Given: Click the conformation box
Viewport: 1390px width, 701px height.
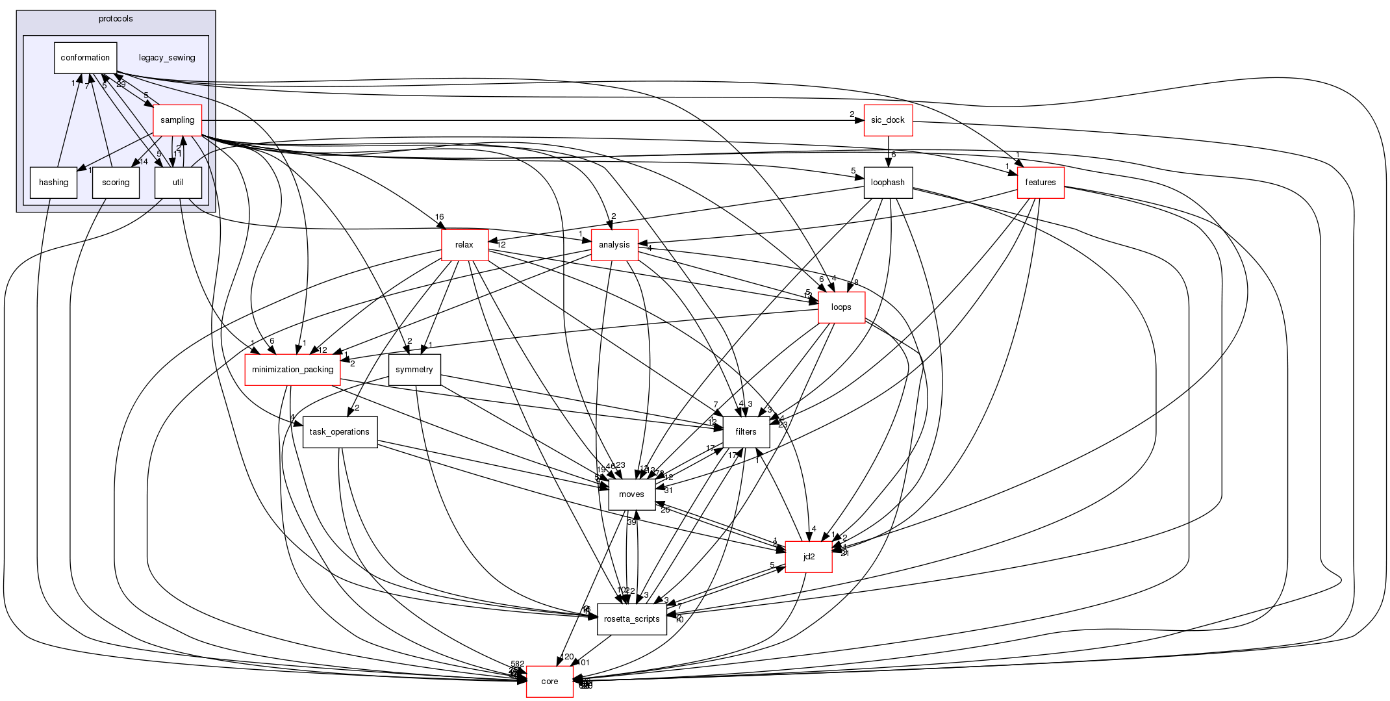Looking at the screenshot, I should (x=85, y=58).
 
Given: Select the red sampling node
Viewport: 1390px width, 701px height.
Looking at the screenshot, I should (x=177, y=120).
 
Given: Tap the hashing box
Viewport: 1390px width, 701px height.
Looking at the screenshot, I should (x=54, y=183).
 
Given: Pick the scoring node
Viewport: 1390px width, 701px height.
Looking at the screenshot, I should (x=116, y=183).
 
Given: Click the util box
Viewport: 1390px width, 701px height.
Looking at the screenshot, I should (x=178, y=183).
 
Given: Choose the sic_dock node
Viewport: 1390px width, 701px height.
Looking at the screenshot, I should (x=888, y=120).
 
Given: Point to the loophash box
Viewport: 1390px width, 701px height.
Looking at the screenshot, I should (x=888, y=183).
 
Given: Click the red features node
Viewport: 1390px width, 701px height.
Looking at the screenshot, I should (x=1041, y=183).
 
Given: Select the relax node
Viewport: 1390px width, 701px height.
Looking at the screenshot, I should (x=464, y=245).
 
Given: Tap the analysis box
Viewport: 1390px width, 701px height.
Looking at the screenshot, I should (x=614, y=245).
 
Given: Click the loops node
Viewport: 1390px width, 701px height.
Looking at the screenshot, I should (x=841, y=307).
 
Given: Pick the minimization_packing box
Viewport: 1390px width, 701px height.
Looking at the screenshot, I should (x=292, y=370).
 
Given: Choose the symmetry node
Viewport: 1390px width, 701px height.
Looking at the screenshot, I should (x=414, y=370).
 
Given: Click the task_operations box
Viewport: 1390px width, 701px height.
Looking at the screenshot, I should (x=340, y=432).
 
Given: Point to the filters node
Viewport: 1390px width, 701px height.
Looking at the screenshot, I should (x=746, y=432).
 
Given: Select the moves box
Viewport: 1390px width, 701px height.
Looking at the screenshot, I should (x=631, y=494).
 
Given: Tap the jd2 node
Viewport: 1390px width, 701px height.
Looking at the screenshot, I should (x=809, y=557).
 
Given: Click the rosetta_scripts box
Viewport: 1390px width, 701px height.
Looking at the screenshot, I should (x=632, y=619).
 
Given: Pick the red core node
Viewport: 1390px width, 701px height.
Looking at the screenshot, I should (x=550, y=682).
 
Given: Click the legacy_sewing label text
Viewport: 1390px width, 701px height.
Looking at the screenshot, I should (x=167, y=58).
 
